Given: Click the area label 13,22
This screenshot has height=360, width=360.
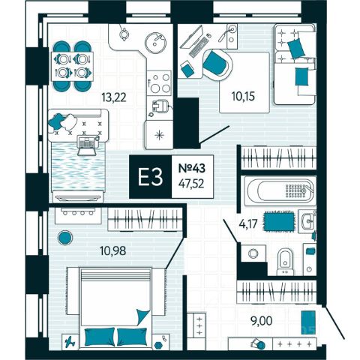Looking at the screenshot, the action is [x=114, y=97].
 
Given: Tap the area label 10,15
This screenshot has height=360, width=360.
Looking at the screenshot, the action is [x=243, y=96].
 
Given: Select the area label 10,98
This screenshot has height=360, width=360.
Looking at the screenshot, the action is [x=112, y=250].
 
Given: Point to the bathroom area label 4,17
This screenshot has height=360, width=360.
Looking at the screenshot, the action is [x=248, y=224].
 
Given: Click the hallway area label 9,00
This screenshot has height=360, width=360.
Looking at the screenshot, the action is [x=262, y=321].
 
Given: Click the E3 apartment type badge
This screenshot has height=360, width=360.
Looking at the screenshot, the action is [x=151, y=177].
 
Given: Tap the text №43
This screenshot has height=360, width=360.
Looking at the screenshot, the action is [x=192, y=168].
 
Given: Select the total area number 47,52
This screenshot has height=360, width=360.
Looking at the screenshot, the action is [x=191, y=184].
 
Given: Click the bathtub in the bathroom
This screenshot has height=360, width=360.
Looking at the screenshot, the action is [x=279, y=191].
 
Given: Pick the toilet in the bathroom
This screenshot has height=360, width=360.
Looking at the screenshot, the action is [x=285, y=262].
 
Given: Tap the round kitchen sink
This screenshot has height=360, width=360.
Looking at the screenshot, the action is [x=156, y=42].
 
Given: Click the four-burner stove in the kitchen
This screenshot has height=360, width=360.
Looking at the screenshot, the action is [x=159, y=83].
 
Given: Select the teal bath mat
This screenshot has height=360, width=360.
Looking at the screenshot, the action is [x=280, y=221].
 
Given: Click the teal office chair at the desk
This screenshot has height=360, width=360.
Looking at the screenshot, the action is [x=217, y=64].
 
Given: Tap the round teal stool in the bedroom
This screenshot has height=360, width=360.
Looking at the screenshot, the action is [x=65, y=237].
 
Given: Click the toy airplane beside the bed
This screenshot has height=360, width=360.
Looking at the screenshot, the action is [x=70, y=341].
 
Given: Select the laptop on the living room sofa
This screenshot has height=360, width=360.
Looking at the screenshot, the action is [x=87, y=145].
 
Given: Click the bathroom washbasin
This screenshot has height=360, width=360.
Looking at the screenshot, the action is [x=307, y=221].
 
